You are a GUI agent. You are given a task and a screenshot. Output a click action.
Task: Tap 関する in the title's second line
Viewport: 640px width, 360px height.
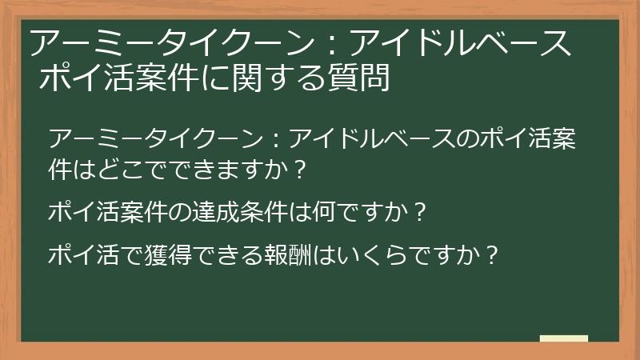point(275,78)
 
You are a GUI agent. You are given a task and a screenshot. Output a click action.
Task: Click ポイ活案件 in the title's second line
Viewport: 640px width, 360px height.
point(118,78)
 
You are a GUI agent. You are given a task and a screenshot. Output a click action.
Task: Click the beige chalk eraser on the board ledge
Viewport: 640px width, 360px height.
point(564,338)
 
